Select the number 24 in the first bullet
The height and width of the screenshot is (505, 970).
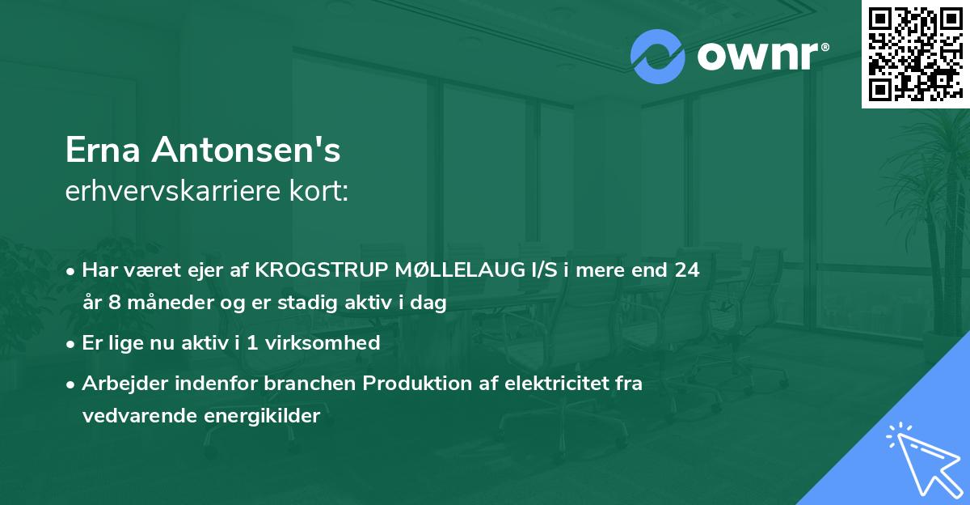coord(687,270)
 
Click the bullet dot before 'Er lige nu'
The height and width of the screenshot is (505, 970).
coord(72,344)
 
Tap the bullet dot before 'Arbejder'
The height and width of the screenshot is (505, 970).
coord(72,384)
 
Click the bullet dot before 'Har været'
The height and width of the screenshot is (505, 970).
coord(72,271)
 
